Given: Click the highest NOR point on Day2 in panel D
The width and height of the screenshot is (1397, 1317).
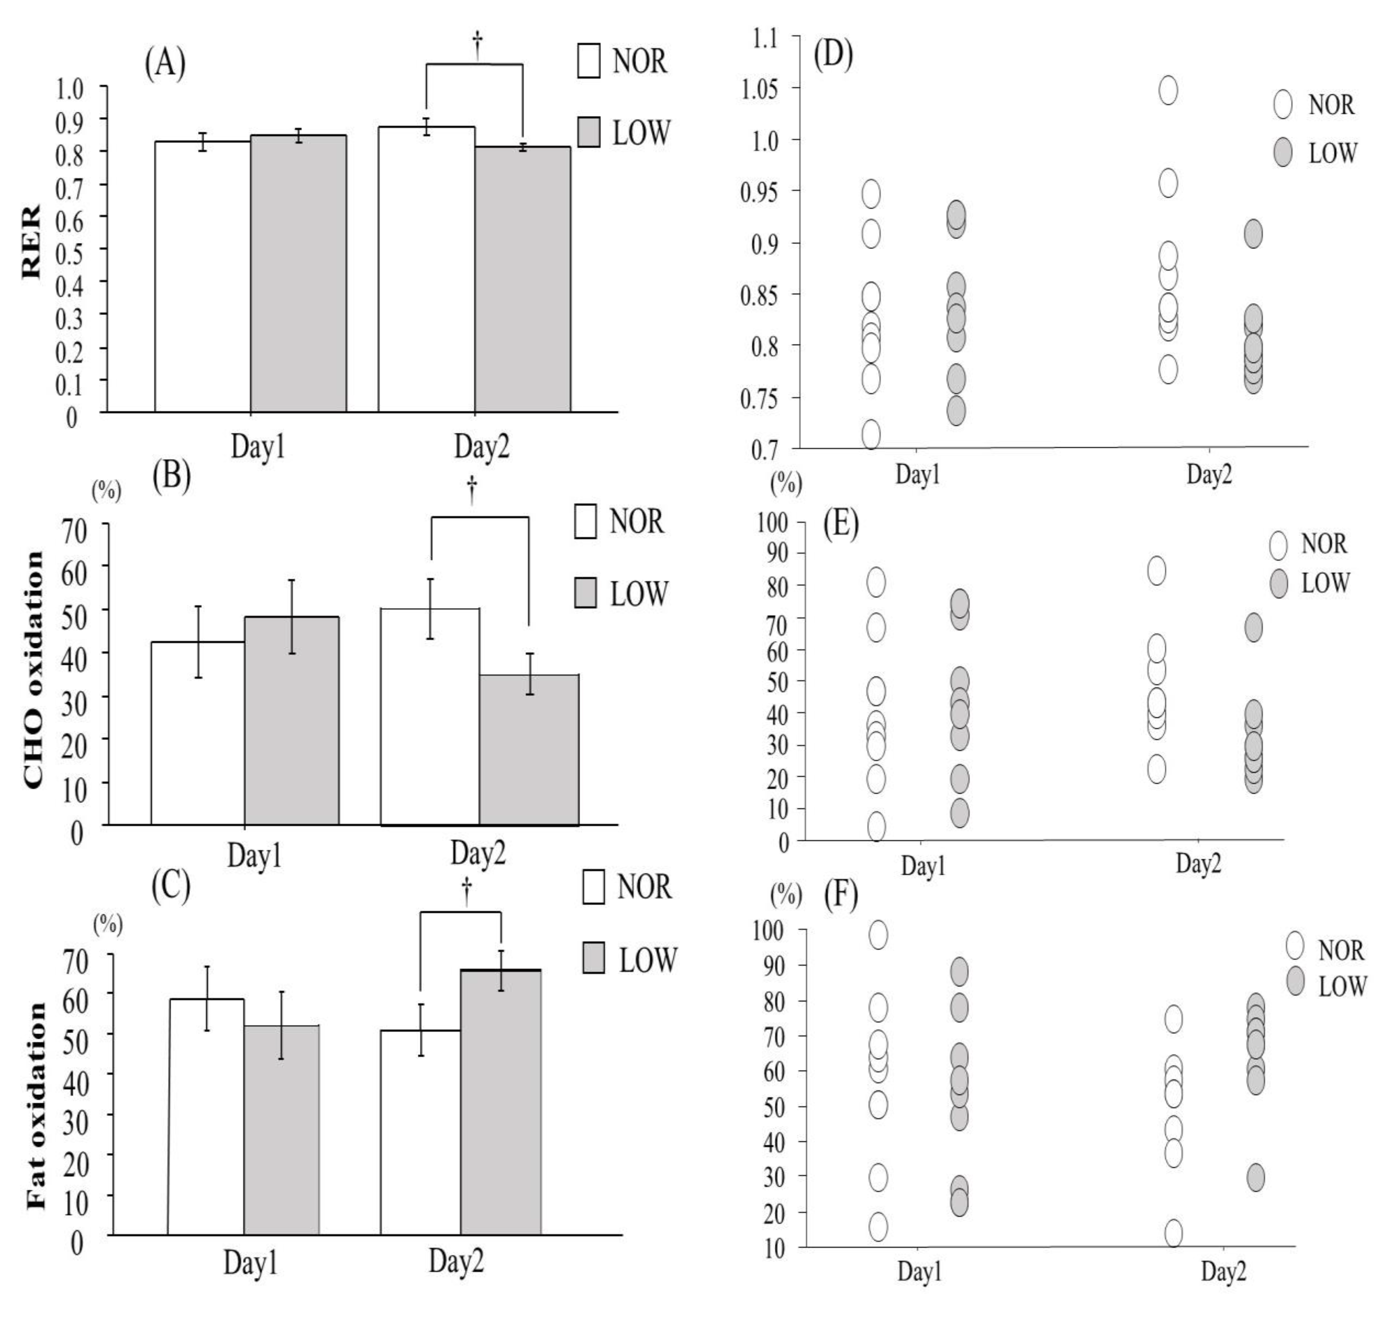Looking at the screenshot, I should (x=1168, y=90).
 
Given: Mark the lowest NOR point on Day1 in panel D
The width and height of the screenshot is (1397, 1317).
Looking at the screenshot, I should (x=871, y=434).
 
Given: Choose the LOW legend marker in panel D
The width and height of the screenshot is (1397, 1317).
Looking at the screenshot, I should (x=1283, y=153).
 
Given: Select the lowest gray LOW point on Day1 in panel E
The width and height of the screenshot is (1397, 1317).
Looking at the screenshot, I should (x=960, y=813).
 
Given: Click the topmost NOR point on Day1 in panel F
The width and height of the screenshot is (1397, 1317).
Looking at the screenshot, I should (x=878, y=935).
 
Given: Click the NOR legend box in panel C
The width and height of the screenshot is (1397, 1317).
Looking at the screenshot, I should (x=594, y=886).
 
